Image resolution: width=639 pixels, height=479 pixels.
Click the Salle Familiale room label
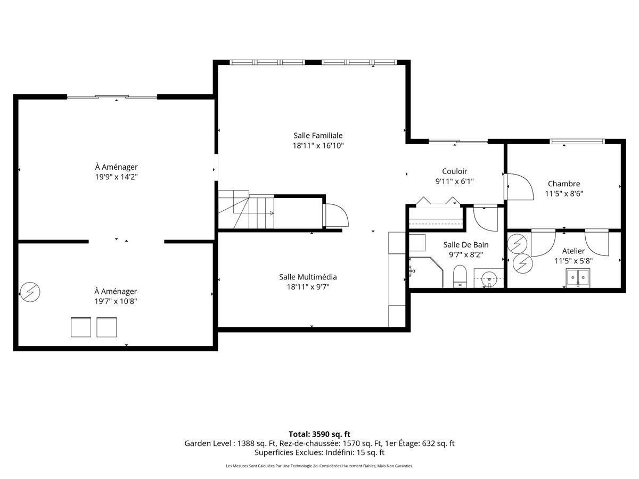[x=318, y=136]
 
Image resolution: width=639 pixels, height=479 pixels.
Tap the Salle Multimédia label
[x=308, y=277]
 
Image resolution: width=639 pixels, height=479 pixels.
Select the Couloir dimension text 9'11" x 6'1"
[x=454, y=181]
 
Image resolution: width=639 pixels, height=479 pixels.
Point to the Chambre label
[x=564, y=184]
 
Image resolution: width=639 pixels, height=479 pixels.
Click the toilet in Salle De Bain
[x=460, y=276]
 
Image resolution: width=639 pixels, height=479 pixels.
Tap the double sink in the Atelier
[x=578, y=278]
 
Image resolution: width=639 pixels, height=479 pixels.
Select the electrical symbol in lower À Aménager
[x=30, y=292]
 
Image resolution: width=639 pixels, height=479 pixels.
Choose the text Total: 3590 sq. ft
[x=319, y=434]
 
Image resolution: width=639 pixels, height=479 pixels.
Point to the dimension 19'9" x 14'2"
[x=116, y=177]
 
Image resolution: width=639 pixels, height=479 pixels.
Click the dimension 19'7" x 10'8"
[x=116, y=301]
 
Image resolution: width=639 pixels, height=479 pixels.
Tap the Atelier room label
[x=573, y=251]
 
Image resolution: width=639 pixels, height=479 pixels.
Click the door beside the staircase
[x=335, y=215]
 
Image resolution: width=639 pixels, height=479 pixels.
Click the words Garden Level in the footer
[x=208, y=443]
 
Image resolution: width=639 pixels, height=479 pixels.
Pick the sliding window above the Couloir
[x=458, y=142]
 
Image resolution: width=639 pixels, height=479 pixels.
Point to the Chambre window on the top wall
[x=577, y=142]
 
